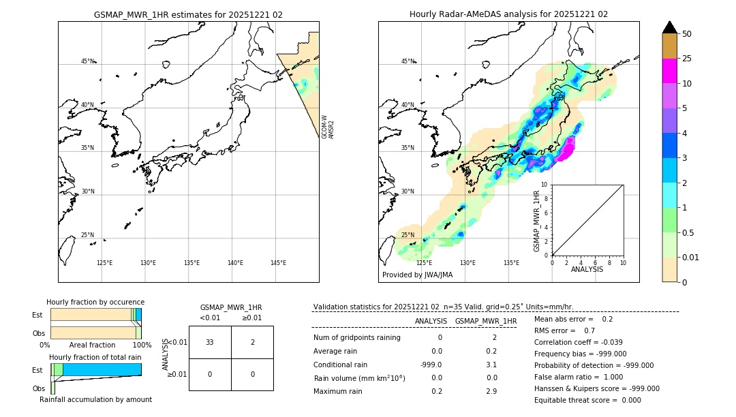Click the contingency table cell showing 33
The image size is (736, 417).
pos(210,342)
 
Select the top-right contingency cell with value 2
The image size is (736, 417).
pos(252,342)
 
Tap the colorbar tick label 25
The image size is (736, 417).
pos(687,59)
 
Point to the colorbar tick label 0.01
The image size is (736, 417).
pos(691,257)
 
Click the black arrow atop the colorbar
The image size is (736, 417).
pos(670,27)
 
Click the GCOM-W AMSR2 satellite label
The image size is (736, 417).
pos(328,127)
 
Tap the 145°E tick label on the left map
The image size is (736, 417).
pos(278,263)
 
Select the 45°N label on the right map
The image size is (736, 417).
pos(408,61)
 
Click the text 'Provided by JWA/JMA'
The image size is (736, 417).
pos(417,275)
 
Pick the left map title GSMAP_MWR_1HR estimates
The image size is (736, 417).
pos(188,14)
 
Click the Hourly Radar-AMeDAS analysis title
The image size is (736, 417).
pos(508,14)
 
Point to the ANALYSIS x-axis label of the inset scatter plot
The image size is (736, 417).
pos(587,269)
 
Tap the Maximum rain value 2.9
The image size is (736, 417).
pos(491,391)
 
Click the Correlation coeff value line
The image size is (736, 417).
pos(579,342)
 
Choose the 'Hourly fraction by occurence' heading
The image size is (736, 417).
pos(95,302)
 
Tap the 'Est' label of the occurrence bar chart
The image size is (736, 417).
pos(37,315)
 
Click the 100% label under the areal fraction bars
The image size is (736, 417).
pos(142,345)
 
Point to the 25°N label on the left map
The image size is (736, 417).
pos(87,235)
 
